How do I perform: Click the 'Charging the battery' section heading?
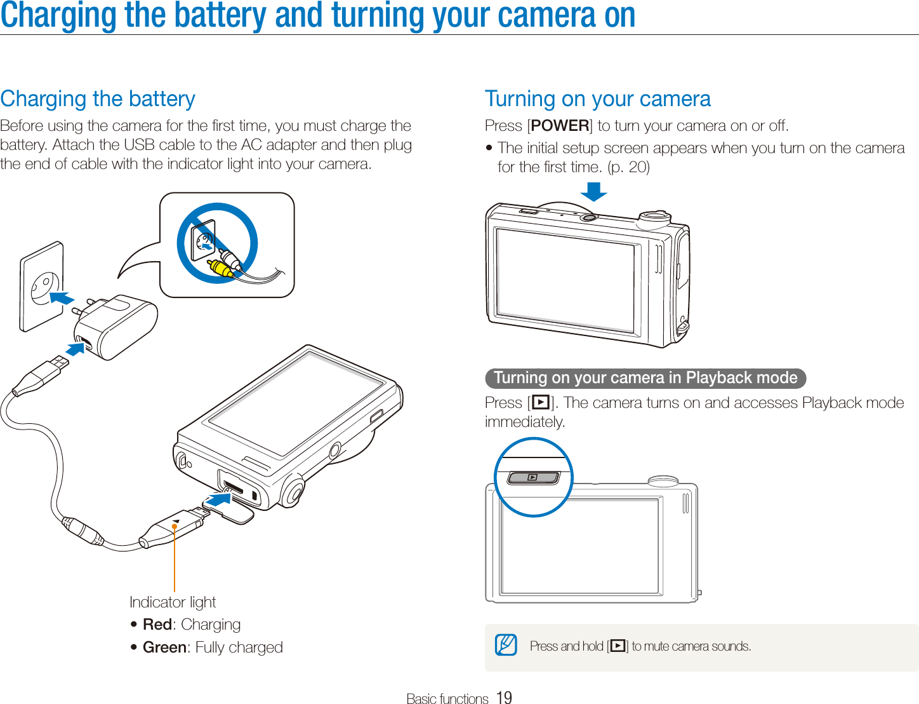98,99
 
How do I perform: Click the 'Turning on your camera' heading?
597,99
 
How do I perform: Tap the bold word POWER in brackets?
560,126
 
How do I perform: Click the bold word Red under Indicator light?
157,625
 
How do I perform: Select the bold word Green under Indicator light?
164,647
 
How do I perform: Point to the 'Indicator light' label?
173,602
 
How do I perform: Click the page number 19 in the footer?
504,698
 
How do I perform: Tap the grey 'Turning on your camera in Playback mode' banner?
645,378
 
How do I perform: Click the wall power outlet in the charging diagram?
42,287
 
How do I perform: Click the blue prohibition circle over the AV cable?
217,243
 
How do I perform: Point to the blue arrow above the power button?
593,191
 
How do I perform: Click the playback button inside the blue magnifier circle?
533,477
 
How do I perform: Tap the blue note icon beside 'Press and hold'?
506,646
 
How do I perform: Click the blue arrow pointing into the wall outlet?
62,297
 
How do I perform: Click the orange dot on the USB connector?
175,526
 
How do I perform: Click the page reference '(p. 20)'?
628,167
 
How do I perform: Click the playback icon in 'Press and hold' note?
618,646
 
